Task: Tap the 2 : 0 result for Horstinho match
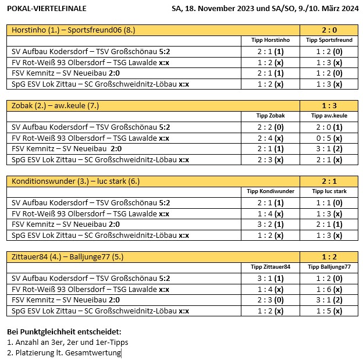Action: point(329,30)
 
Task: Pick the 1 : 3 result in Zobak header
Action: point(329,106)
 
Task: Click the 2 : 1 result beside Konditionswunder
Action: point(329,181)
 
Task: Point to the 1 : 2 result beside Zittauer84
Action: point(329,256)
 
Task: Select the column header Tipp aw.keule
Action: point(329,116)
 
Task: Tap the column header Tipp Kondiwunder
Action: point(270,191)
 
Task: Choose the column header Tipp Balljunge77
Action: point(329,266)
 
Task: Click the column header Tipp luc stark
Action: point(329,191)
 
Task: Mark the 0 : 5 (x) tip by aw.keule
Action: point(329,138)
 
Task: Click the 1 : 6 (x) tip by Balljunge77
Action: point(329,288)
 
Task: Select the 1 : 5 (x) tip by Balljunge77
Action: point(329,311)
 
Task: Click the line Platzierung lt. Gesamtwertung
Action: point(64,352)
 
